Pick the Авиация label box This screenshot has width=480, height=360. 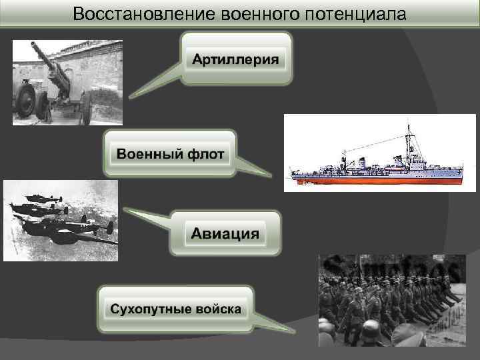tap(225, 234)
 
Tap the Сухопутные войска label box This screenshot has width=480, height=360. tap(176, 310)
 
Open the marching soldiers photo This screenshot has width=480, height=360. tap(391, 300)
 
